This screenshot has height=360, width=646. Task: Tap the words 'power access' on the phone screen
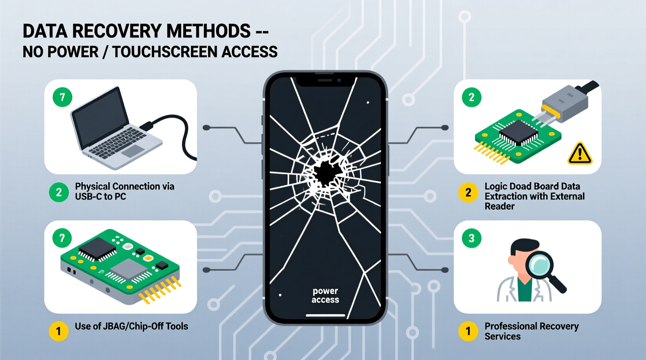pos(325,295)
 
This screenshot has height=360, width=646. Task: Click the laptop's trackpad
pos(133,151)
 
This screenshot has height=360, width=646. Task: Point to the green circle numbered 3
pos(471,238)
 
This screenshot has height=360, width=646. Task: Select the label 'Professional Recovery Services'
pos(531,331)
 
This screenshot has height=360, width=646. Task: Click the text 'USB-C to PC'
pos(101,197)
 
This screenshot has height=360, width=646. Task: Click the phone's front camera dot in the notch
pos(339,80)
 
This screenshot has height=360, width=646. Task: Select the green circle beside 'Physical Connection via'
pos(59,192)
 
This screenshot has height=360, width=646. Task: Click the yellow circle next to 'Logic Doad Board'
pos(468,192)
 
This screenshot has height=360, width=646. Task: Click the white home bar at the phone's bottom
pos(325,315)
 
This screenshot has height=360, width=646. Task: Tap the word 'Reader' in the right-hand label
pos(499,206)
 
